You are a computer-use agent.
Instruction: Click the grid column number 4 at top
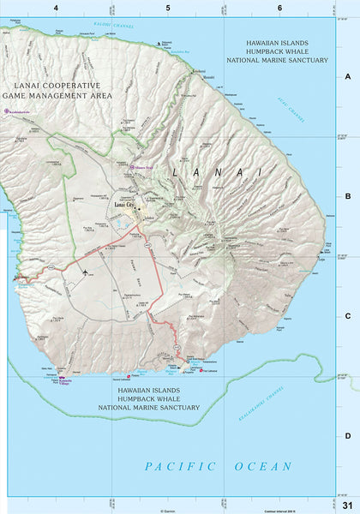click(x=56, y=8)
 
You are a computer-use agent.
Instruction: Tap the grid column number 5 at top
click(x=168, y=8)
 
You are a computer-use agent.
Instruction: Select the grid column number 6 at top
click(x=279, y=8)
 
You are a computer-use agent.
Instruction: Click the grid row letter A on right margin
click(x=348, y=76)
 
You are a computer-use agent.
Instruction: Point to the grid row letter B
click(x=348, y=196)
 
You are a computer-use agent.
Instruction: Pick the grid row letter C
click(x=348, y=315)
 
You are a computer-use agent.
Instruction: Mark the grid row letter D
click(x=348, y=435)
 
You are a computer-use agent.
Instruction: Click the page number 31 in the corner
click(x=347, y=503)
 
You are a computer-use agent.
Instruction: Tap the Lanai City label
click(x=126, y=206)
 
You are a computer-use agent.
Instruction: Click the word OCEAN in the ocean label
click(x=261, y=467)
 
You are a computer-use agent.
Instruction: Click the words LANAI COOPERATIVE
click(x=52, y=87)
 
